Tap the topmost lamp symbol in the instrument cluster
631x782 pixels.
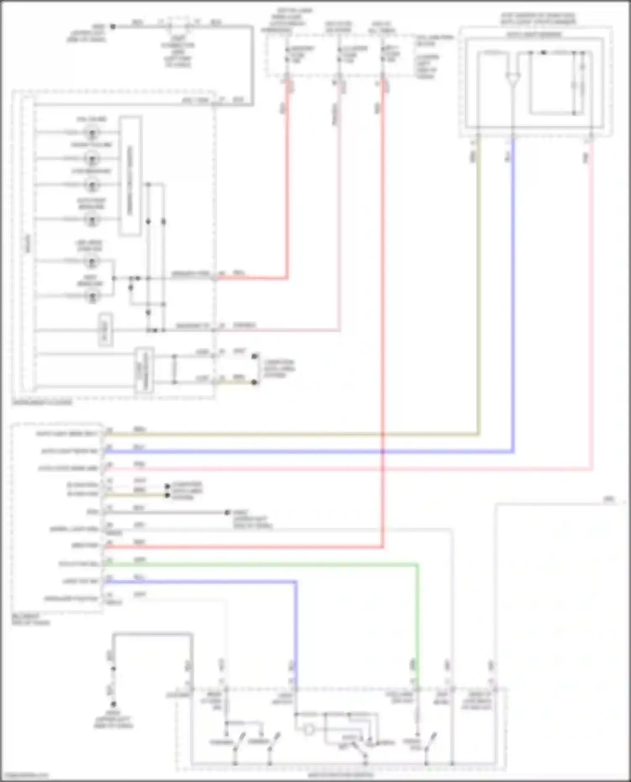[x=92, y=133]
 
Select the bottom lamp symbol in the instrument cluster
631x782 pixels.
[x=92, y=296]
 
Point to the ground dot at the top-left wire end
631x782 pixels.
[x=113, y=26]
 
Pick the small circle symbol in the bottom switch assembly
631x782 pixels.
[x=309, y=730]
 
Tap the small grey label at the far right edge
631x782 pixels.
[x=609, y=499]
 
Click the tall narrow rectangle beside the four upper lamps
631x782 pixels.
[x=130, y=176]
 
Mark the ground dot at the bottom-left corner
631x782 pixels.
[x=113, y=704]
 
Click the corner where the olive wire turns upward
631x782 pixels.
[x=479, y=434]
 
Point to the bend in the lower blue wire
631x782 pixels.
[x=296, y=582]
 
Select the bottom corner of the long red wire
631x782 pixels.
[x=383, y=547]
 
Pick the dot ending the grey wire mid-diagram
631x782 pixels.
[x=227, y=513]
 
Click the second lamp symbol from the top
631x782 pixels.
[x=92, y=159]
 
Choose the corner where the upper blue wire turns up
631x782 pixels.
[x=513, y=452]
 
